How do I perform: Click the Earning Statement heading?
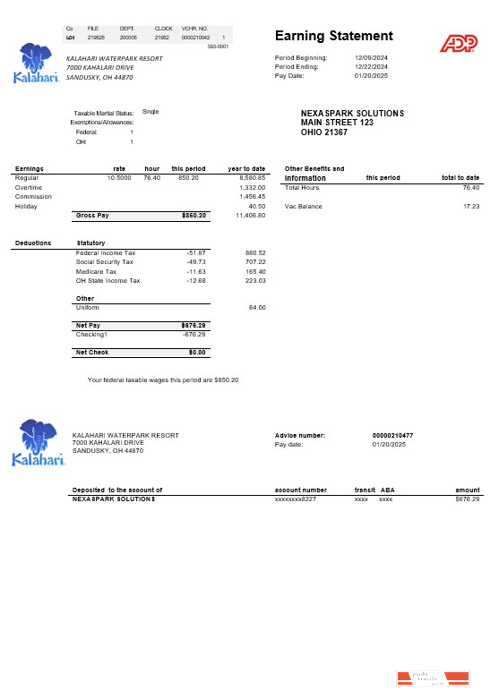coord(333,36)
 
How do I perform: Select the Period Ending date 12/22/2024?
coord(370,66)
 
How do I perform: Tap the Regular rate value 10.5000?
coord(119,178)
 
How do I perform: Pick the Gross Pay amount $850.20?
coord(194,216)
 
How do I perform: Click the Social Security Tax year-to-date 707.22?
coord(254,262)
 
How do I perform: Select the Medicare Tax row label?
coord(96,271)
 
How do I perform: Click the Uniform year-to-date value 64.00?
coord(256,307)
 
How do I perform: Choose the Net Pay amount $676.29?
coord(194,325)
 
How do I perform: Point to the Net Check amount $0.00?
coord(197,353)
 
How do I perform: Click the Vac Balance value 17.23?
coord(470,207)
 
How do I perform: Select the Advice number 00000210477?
coord(392,436)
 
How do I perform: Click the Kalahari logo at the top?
coord(39,63)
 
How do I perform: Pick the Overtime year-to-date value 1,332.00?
coord(253,187)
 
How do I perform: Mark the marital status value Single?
coord(150,112)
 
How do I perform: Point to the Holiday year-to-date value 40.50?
coord(256,206)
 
